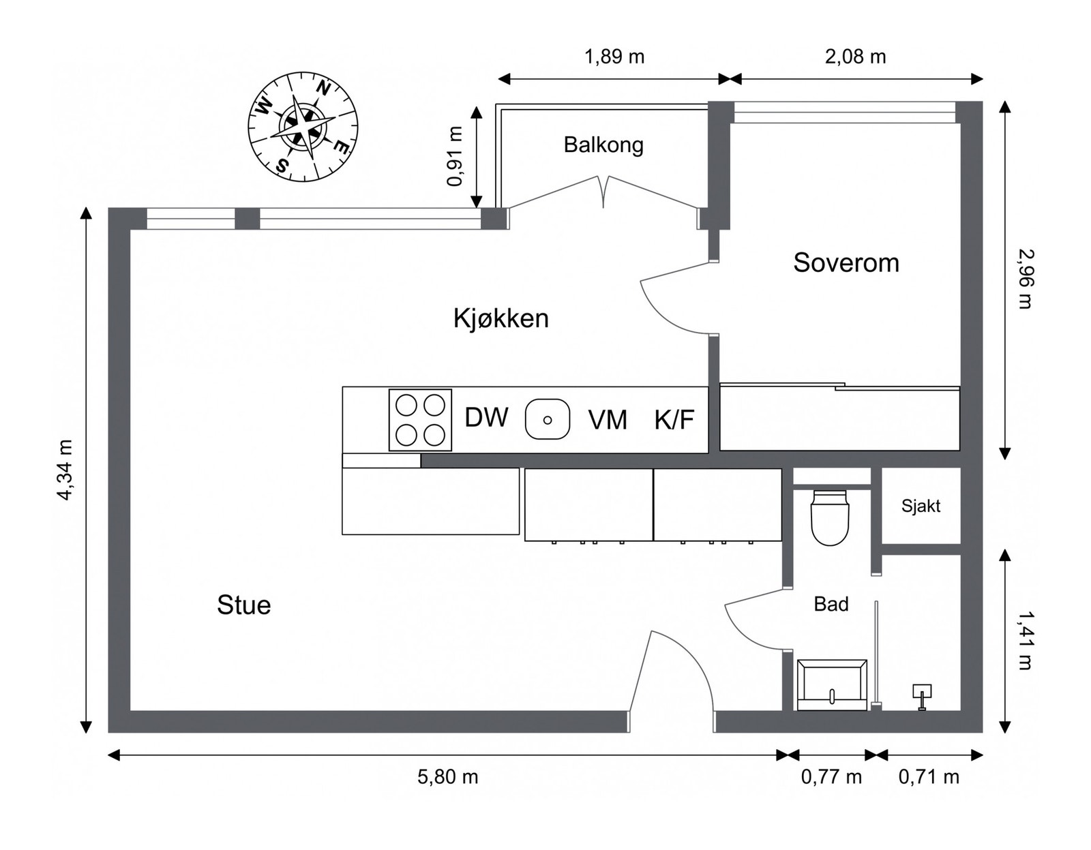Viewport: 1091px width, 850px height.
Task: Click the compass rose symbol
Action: (x=303, y=127)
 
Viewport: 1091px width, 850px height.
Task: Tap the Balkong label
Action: (x=603, y=145)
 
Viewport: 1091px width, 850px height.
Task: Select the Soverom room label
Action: (x=846, y=262)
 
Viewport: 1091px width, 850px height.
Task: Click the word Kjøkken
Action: (x=500, y=318)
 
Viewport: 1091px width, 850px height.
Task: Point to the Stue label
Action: (x=243, y=605)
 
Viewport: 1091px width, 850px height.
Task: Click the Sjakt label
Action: (x=920, y=506)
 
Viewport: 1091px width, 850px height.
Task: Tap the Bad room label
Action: (x=831, y=604)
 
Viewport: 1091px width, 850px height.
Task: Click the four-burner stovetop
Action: (x=420, y=420)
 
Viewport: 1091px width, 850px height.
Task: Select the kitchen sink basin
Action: (x=547, y=419)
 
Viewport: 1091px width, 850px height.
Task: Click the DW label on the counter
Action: (x=486, y=418)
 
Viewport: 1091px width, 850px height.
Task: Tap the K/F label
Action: (x=674, y=420)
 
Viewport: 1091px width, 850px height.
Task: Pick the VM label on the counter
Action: (x=607, y=420)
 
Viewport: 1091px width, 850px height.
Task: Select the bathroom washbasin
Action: (x=831, y=684)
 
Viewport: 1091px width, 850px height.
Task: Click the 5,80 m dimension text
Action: (x=447, y=776)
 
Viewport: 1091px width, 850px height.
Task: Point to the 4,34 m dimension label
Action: (x=64, y=470)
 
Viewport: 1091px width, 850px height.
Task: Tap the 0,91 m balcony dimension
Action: (x=455, y=156)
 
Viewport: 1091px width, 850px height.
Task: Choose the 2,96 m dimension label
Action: (x=1025, y=279)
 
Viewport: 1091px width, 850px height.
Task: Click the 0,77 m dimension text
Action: (x=831, y=776)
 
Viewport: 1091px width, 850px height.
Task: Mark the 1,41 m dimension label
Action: (x=1025, y=640)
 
